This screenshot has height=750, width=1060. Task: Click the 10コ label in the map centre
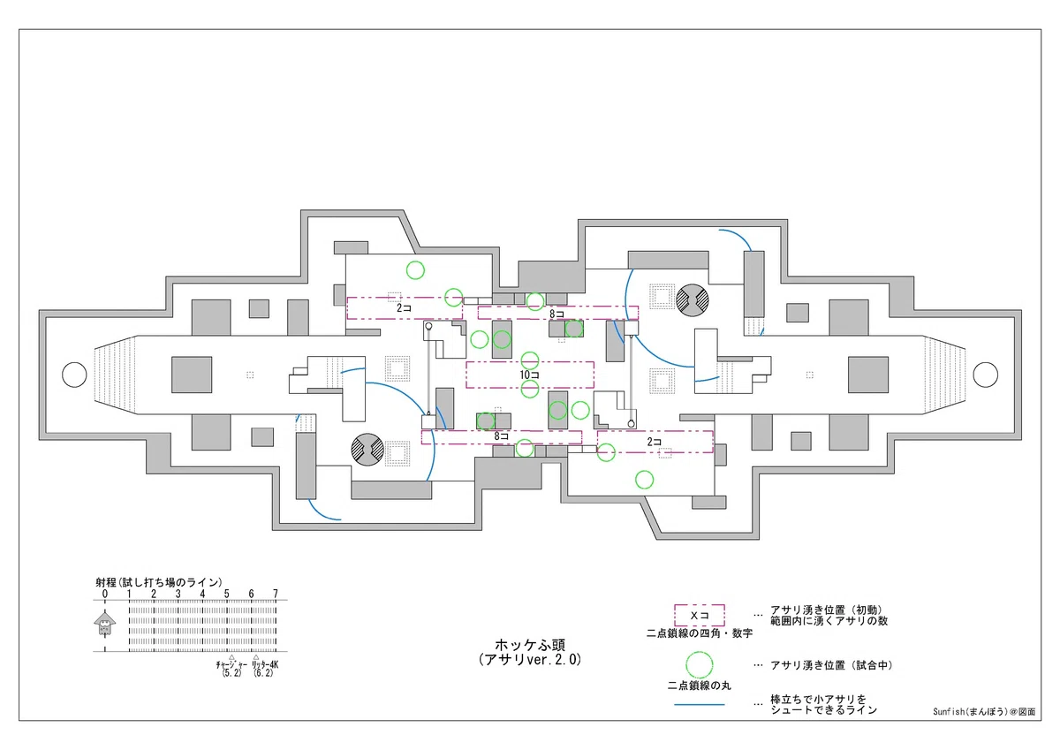tap(529, 375)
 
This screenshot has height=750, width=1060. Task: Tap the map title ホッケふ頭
tap(530, 645)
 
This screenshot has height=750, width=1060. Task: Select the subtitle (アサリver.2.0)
tap(530, 660)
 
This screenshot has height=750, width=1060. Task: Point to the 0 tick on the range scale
tap(104, 594)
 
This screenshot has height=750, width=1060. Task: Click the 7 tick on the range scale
tap(276, 594)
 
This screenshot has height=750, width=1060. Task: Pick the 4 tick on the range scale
tap(202, 594)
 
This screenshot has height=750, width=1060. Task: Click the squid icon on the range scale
tap(104, 623)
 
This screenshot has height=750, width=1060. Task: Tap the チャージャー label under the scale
tap(231, 665)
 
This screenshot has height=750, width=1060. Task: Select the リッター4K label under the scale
tap(265, 665)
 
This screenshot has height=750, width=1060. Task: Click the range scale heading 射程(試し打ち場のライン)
tap(158, 582)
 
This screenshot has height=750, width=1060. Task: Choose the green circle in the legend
tap(700, 665)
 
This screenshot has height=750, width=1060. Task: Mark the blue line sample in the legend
tap(700, 705)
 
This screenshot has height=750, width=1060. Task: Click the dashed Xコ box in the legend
tap(700, 615)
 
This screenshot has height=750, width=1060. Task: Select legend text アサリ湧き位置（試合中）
tap(831, 665)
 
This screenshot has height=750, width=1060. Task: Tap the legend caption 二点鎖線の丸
tap(700, 686)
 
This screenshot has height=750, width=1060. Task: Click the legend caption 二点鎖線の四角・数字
tap(700, 633)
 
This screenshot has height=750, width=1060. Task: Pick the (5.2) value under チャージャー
tap(231, 673)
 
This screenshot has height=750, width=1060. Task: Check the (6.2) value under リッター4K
tap(263, 673)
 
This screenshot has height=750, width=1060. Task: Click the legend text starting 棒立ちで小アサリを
tap(823, 705)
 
